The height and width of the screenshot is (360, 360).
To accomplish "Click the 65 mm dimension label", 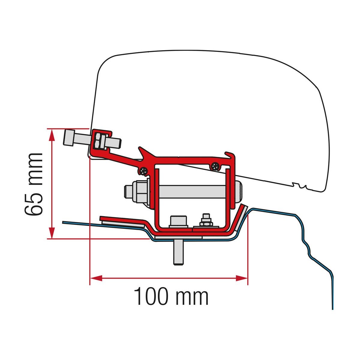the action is tap(33, 184).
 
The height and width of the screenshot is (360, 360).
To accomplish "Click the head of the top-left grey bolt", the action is tap(69, 137).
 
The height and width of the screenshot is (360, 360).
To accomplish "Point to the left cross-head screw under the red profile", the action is tap(144, 171).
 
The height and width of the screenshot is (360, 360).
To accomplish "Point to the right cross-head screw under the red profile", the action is tap(215, 166).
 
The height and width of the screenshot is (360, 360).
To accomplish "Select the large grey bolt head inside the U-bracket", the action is tap(178, 222).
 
